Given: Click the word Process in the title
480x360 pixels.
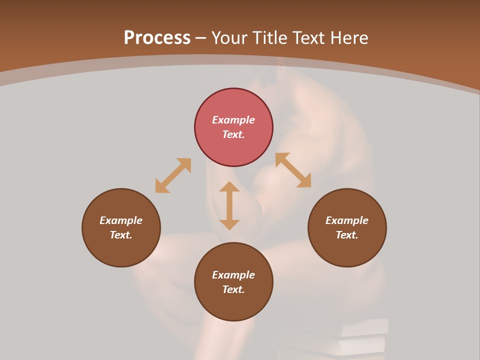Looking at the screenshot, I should (157, 38).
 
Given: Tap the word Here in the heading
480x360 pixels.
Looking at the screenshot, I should (348, 38).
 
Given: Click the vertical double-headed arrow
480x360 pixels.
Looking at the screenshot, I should (229, 205).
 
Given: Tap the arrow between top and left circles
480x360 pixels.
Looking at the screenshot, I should (173, 175).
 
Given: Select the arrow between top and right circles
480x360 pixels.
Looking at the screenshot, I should (293, 170).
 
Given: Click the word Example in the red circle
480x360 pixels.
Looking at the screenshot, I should (233, 120).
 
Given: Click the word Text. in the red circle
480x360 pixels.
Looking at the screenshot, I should (233, 134).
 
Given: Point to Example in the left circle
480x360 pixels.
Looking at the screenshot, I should (121, 220).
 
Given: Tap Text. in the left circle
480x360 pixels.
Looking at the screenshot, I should (121, 235).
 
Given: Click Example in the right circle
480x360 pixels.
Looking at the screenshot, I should (347, 220).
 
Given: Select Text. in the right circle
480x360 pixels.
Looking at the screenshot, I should (347, 235).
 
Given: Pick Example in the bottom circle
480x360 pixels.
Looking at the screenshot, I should (233, 275).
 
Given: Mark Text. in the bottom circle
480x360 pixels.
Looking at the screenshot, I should (233, 289).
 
